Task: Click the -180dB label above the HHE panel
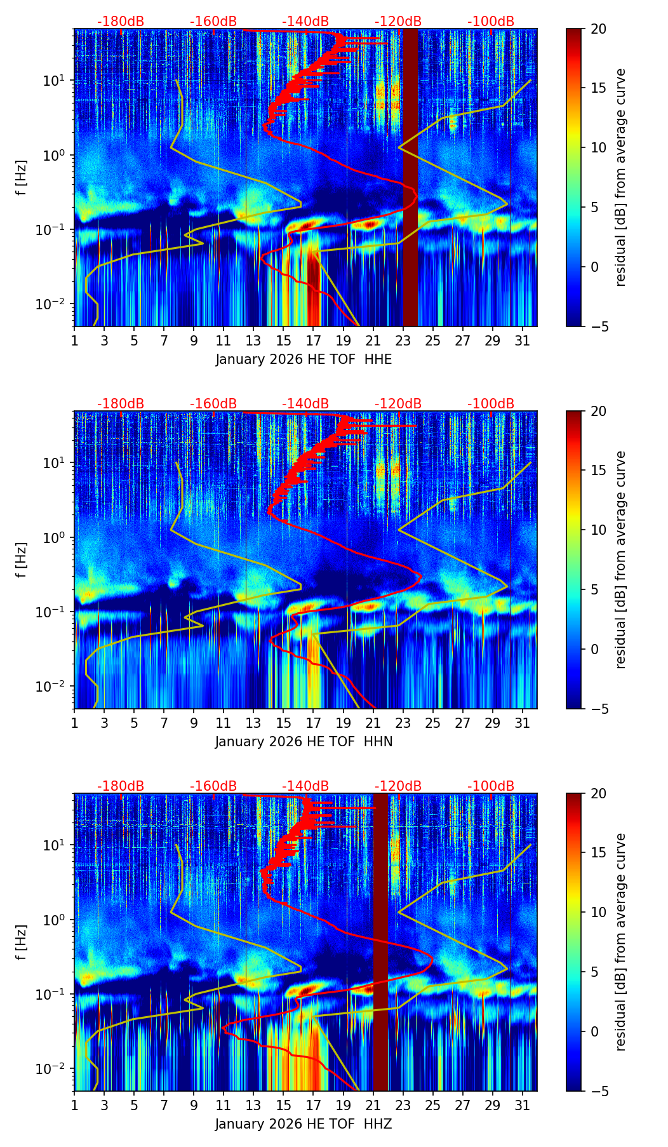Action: coord(121,22)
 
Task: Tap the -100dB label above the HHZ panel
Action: coord(491,786)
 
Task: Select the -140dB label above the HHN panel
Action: coord(305,404)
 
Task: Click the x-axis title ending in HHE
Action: coord(304,359)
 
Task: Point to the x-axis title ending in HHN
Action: coord(304,742)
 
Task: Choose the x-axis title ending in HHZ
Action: coord(304,1124)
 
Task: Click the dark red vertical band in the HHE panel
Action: coord(411,178)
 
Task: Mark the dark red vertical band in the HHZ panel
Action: coord(380,940)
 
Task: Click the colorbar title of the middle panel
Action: coord(620,559)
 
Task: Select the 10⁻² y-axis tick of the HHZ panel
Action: coord(57,1069)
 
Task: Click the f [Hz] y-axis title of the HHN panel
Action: coord(22,559)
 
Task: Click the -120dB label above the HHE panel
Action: coord(398,22)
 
